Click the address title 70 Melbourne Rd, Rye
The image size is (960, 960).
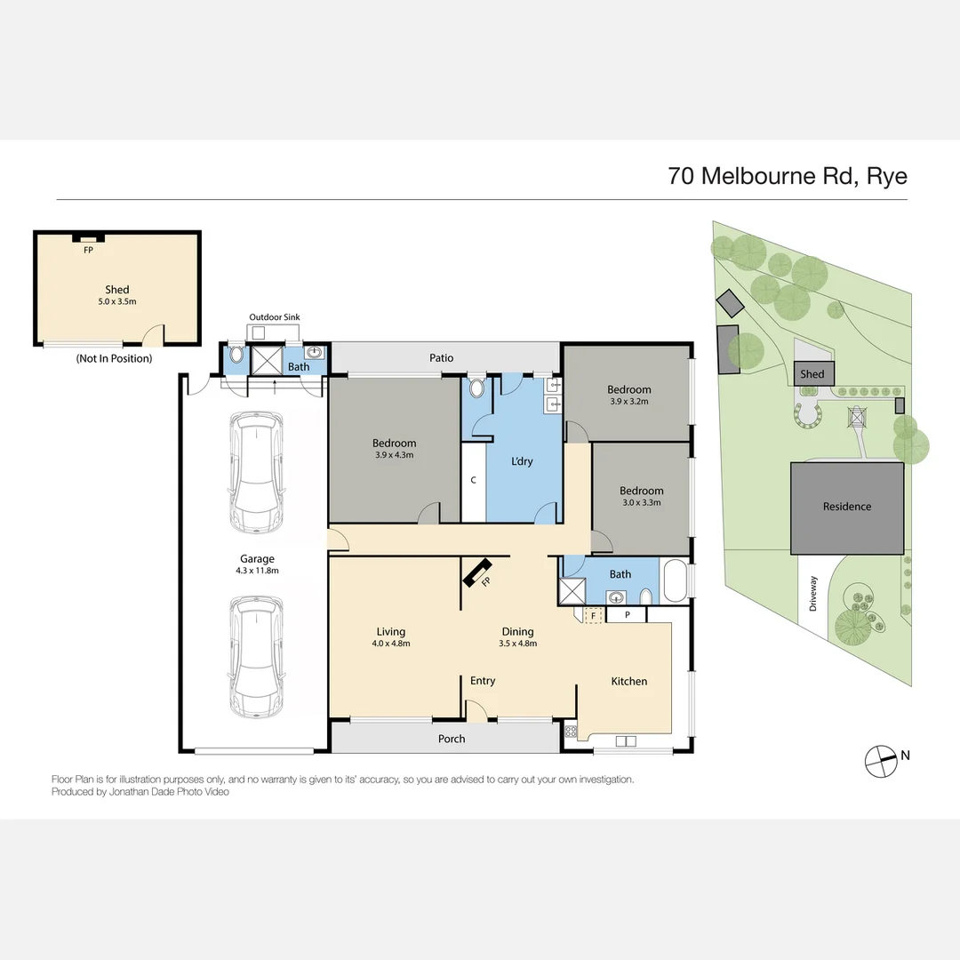[x=788, y=175]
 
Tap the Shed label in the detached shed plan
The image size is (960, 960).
[x=116, y=290]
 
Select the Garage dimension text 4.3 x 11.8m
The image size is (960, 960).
[x=256, y=571]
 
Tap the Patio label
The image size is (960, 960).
[x=442, y=358]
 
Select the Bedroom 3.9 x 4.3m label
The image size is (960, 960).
[x=394, y=449]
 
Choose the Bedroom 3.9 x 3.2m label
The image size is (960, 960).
[x=628, y=395]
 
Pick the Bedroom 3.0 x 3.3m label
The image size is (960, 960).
[x=641, y=496]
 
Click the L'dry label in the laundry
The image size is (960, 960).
[x=522, y=461]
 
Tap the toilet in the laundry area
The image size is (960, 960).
[x=476, y=388]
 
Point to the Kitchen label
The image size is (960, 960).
[x=628, y=681]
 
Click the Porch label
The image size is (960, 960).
[x=452, y=739]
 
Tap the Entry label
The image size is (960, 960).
[x=483, y=681]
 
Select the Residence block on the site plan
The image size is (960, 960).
[x=846, y=507]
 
